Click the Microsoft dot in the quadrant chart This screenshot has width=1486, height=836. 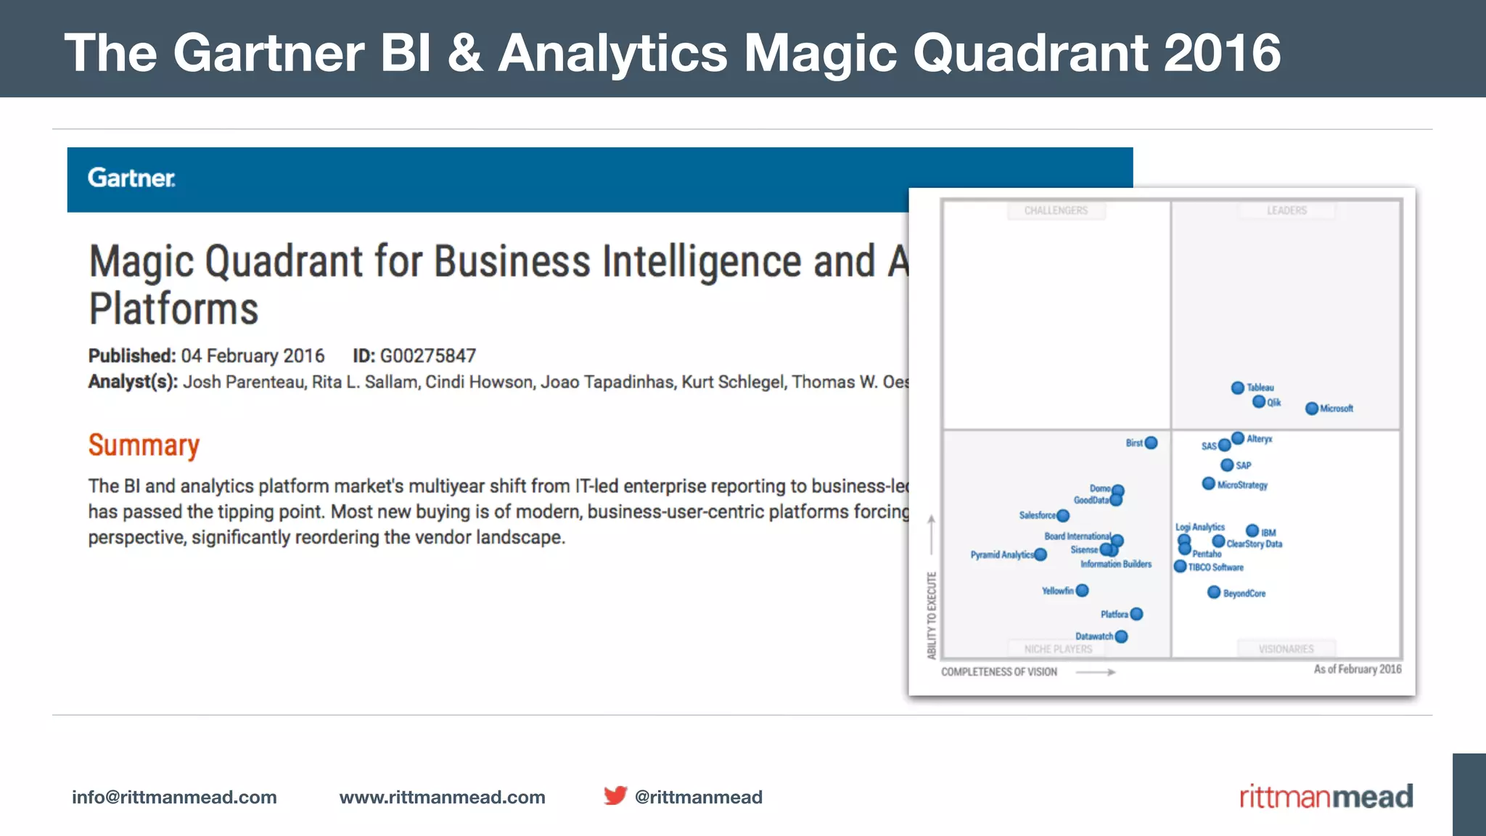point(1312,409)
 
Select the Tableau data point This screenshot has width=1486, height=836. point(1238,388)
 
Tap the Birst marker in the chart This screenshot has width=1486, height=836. point(1151,443)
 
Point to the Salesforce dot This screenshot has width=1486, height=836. point(1063,515)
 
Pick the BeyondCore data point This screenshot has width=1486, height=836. point(1214,592)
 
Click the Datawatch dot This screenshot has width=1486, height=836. point(1121,636)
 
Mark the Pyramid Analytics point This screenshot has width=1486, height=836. point(1040,554)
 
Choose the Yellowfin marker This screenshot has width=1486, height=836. point(1083,590)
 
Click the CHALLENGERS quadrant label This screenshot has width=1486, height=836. point(1056,210)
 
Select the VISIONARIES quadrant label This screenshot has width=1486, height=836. point(1286,649)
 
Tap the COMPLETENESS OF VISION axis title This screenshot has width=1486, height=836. point(999,672)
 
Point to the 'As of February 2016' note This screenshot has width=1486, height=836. point(1358,669)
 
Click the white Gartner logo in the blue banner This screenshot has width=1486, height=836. point(131,178)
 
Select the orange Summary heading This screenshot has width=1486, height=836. point(144,445)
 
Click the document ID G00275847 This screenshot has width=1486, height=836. point(428,356)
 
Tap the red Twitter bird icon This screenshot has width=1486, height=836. point(615,795)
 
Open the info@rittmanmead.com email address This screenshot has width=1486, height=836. point(174,797)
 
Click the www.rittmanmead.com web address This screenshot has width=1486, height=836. point(442,797)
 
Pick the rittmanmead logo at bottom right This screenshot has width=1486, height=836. point(1326,796)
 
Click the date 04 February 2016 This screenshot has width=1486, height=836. point(253,356)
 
